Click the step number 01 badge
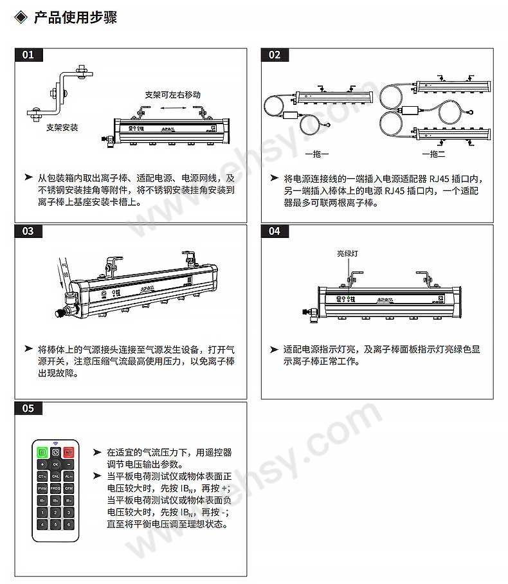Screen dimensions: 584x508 click(x=28, y=54)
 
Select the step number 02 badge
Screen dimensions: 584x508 click(x=275, y=54)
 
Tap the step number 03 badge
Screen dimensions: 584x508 click(x=28, y=231)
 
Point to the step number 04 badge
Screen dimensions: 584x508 click(x=275, y=231)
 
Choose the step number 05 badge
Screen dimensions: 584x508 click(x=28, y=408)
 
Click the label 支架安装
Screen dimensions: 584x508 click(x=62, y=127)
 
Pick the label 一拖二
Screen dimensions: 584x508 click(x=433, y=154)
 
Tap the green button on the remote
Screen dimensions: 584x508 click(x=42, y=452)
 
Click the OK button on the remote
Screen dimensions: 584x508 click(x=55, y=464)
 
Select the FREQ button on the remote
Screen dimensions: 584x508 click(x=55, y=488)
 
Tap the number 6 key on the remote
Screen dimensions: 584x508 click(x=68, y=524)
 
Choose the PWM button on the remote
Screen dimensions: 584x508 click(x=42, y=488)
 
